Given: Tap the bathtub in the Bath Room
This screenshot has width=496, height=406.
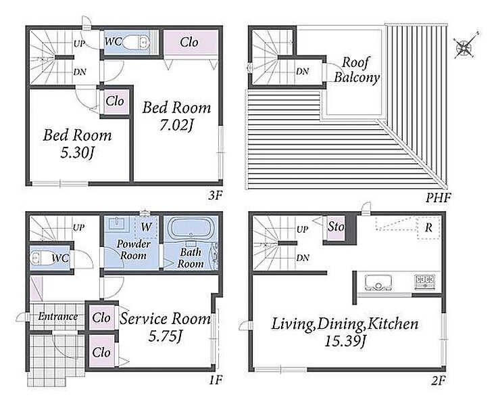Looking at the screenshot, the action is tap(191, 229).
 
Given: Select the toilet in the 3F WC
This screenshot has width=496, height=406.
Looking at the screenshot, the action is tap(135, 43).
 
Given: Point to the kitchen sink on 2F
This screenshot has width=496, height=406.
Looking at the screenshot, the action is tap(378, 282).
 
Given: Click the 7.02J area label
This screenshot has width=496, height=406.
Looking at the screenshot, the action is tap(176, 125).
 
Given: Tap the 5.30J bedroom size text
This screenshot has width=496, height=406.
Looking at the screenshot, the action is tap(77, 154).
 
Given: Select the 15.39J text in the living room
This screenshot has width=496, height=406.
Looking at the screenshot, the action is tap(345, 342).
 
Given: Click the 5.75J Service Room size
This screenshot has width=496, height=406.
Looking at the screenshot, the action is tap(165, 336).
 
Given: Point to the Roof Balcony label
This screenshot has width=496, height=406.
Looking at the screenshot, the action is tap(357, 70).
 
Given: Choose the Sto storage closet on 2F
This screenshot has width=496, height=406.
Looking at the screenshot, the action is tap(336, 227).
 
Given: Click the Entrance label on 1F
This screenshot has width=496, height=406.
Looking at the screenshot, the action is tap(58, 316).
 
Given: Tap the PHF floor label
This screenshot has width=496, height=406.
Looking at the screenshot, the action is tap(438, 198).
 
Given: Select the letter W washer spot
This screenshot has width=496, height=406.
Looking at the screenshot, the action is tap(147, 227).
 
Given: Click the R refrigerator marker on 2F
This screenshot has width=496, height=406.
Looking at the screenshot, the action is tap(428, 227).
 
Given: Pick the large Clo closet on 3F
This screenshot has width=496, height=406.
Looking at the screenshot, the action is tap(191, 42).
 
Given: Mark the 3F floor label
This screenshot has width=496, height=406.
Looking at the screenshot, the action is tap(216, 196).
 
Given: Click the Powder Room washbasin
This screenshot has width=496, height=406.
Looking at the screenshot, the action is tap(116, 224).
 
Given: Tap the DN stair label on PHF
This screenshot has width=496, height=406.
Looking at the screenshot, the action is tap(303, 72).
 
